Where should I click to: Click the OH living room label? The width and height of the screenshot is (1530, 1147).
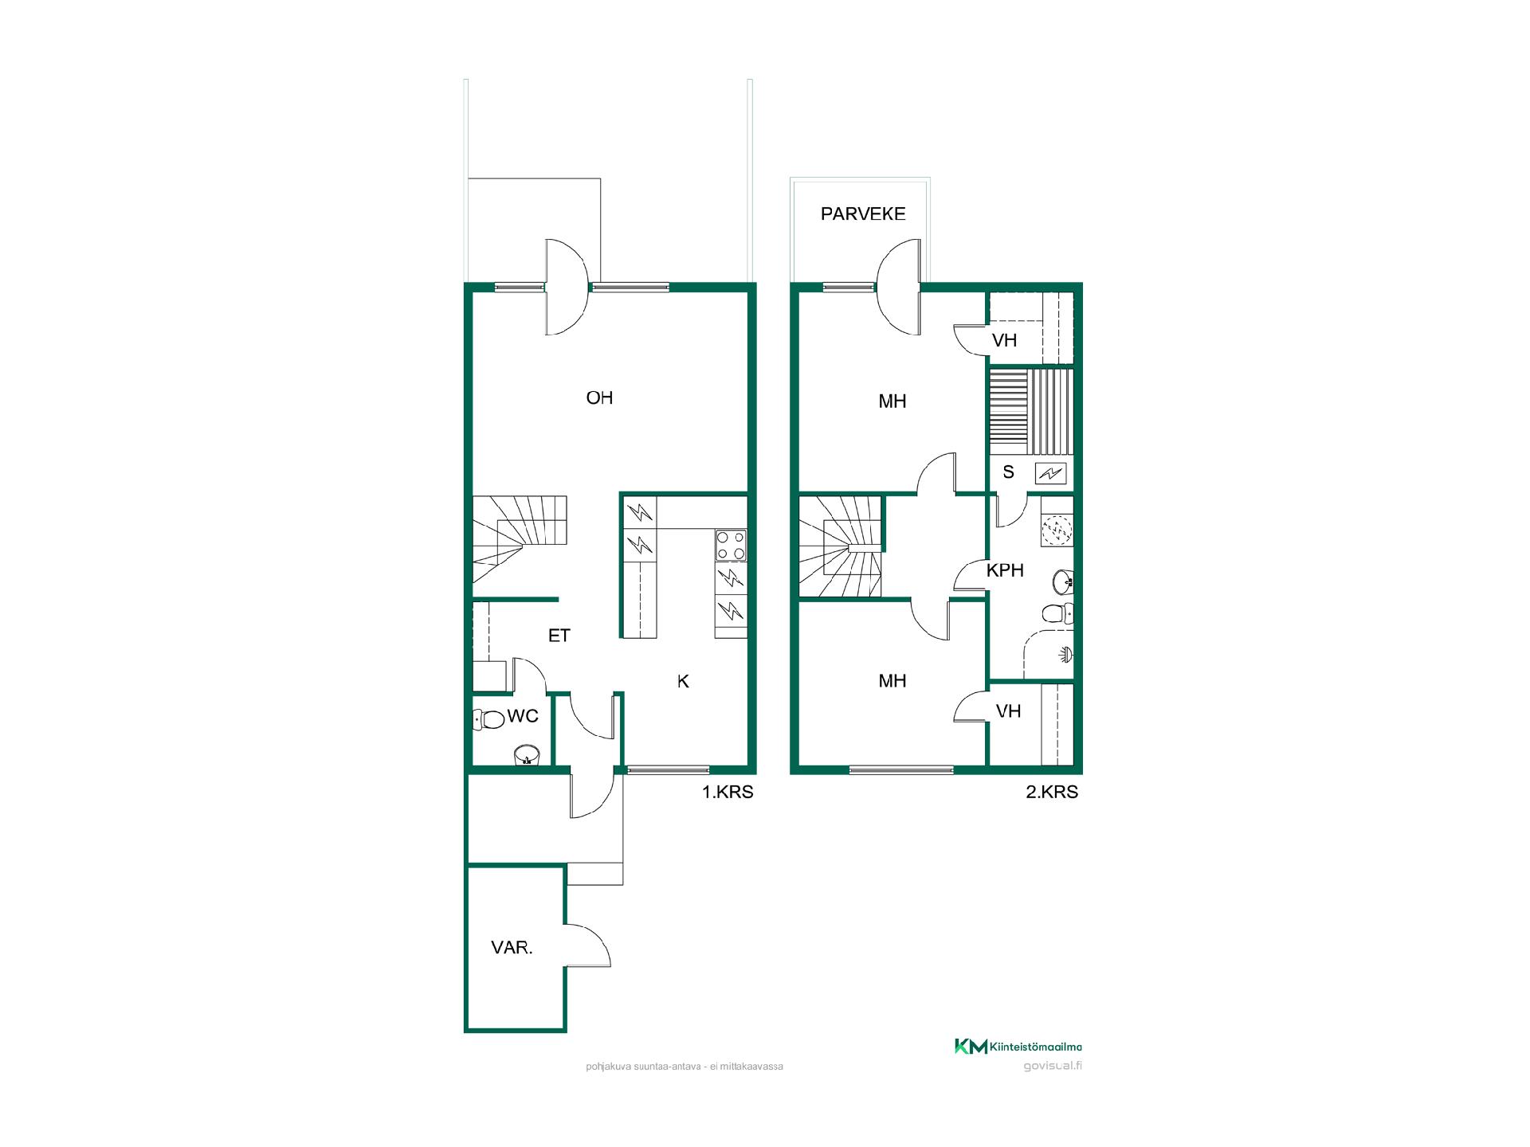[599, 397]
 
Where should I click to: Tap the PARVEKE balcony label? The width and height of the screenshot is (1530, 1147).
[863, 213]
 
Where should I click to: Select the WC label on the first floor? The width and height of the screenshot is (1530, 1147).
[523, 716]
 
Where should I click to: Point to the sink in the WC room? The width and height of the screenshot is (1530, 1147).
[526, 754]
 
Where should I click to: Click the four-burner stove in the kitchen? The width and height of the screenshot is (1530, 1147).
[731, 546]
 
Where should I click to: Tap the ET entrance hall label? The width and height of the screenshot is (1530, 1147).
[559, 636]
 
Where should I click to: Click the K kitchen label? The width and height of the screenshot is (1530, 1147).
[683, 681]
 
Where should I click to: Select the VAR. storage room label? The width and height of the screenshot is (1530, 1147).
[512, 948]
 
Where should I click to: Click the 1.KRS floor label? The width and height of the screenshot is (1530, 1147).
[728, 792]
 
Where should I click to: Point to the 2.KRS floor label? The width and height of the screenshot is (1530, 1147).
[1052, 792]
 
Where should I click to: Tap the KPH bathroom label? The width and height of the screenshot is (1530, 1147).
[1005, 570]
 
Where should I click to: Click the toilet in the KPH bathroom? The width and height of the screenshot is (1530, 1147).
[1057, 613]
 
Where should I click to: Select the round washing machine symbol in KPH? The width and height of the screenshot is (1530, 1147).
[1057, 530]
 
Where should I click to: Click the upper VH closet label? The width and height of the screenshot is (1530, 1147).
[1004, 340]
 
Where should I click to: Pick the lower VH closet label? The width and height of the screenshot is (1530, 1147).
[1008, 711]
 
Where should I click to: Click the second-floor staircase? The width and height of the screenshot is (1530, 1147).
[841, 546]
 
